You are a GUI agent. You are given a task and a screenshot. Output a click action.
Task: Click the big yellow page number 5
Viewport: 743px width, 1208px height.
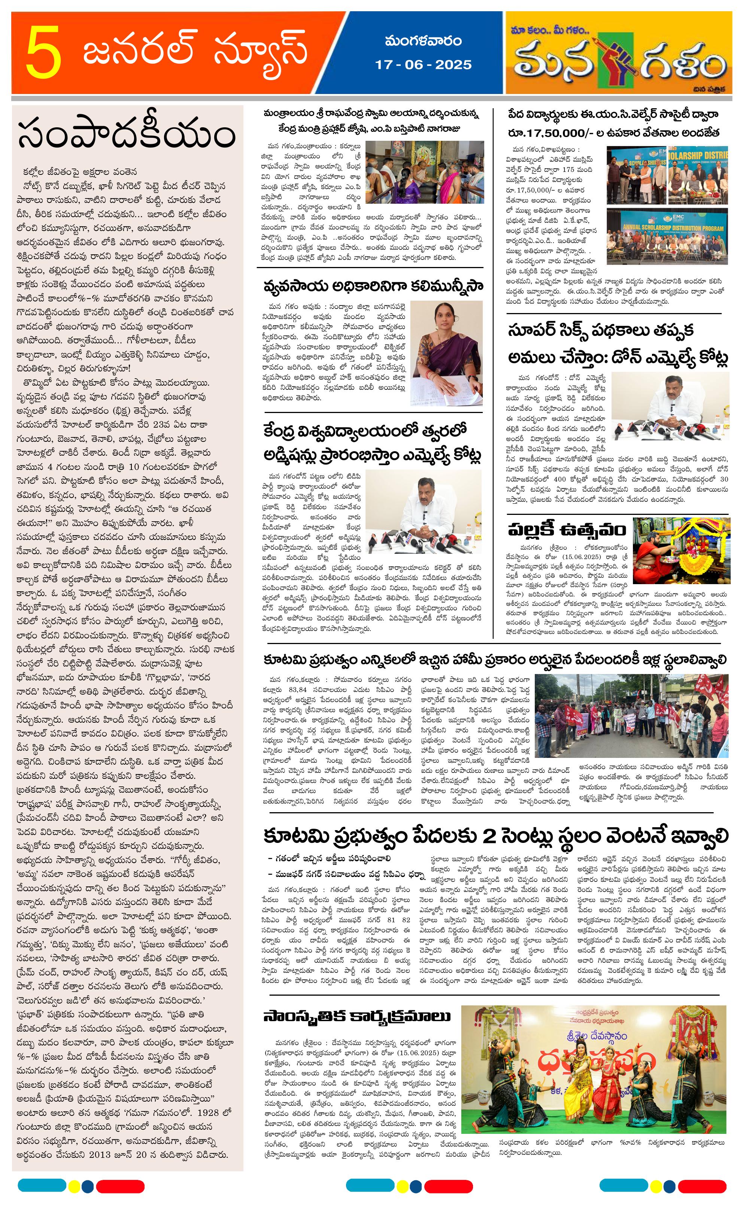click(x=44, y=54)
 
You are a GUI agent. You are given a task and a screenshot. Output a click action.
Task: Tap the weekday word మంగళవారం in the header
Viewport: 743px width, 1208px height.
click(x=423, y=41)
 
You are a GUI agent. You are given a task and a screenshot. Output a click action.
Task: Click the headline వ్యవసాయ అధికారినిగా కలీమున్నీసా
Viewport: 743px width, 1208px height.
click(x=373, y=286)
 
